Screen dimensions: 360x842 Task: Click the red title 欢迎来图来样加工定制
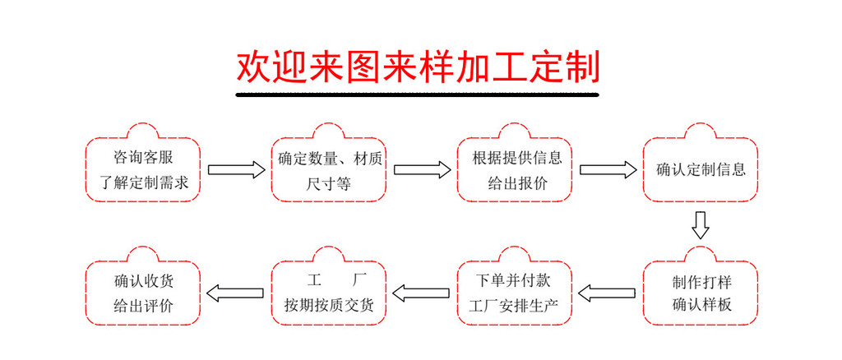tap(418, 67)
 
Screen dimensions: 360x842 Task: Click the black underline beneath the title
tap(418, 95)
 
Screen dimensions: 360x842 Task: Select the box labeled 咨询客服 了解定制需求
tap(143, 169)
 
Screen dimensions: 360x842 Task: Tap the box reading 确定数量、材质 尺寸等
tap(329, 169)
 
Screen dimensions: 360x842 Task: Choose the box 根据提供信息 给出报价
tap(516, 169)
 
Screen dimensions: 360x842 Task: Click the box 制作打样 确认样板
tap(701, 292)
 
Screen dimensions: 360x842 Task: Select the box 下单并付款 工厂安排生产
tap(516, 292)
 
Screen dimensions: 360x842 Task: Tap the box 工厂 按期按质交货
tap(329, 292)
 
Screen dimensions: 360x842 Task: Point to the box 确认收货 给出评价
tap(143, 292)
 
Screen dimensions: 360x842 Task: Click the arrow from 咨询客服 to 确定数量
tap(236, 170)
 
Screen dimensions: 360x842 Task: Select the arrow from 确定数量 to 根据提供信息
tap(422, 170)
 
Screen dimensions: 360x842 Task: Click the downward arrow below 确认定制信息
tap(701, 224)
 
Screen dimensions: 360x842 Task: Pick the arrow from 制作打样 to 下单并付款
tap(608, 291)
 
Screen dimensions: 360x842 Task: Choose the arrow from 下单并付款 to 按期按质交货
tap(422, 291)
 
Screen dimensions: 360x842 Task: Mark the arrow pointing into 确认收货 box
tap(236, 291)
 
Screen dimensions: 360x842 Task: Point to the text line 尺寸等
tap(329, 183)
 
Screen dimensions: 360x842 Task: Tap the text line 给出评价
tap(143, 306)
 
